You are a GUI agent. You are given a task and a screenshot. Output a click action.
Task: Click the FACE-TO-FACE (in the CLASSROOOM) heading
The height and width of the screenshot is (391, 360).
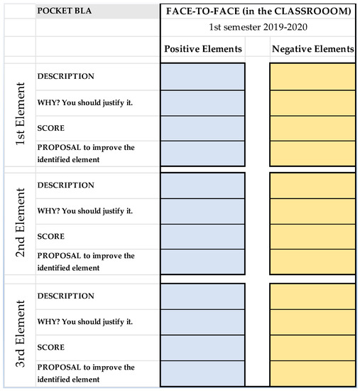coord(259,13)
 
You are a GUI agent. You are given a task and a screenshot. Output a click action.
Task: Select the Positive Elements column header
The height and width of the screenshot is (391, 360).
coord(202,49)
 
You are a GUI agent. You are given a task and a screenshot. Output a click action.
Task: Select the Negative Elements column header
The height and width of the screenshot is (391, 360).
coord(312,49)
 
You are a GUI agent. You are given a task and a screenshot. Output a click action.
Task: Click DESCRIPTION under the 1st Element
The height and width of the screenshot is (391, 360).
coord(65,76)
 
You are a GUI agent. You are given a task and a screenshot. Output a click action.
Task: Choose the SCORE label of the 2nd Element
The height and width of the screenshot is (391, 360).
coord(50,237)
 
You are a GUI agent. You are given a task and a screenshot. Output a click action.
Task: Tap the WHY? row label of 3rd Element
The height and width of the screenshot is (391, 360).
coord(84,321)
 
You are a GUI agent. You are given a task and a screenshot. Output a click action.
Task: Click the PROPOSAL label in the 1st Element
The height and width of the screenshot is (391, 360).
coord(84,153)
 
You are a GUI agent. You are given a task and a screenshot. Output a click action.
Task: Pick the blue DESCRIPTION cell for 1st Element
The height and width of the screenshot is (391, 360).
coord(202,77)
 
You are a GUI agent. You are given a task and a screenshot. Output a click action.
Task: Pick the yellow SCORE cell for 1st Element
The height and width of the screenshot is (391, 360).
coord(312,127)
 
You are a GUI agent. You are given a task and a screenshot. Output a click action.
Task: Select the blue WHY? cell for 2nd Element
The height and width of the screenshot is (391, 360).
coord(202,211)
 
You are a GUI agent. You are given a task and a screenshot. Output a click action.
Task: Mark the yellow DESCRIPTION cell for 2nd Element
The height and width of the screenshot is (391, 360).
coord(312,186)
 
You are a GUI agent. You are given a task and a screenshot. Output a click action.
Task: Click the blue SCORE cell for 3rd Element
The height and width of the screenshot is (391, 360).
coord(202,347)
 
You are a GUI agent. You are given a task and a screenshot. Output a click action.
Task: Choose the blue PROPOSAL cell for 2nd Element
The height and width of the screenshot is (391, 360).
coord(202,262)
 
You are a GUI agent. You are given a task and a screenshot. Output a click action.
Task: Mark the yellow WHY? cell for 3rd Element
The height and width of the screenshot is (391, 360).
coord(312,321)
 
